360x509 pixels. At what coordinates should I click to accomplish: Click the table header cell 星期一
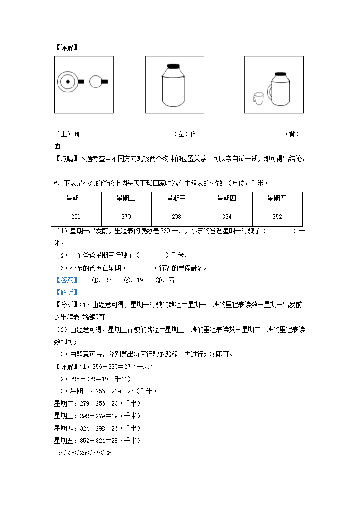click(76, 198)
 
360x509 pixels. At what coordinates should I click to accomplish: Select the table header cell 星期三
click(176, 198)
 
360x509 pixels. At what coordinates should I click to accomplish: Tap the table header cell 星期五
click(277, 198)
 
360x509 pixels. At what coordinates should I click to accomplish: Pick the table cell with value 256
click(76, 217)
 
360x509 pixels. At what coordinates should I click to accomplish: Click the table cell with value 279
click(126, 217)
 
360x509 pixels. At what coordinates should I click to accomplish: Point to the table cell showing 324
click(227, 217)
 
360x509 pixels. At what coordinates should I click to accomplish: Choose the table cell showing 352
click(277, 217)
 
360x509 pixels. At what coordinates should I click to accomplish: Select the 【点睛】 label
click(66, 159)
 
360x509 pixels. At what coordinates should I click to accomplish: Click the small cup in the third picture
click(258, 98)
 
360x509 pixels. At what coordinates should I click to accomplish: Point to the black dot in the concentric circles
click(67, 82)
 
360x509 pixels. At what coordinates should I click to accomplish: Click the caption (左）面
click(186, 134)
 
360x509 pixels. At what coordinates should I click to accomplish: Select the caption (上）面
click(68, 134)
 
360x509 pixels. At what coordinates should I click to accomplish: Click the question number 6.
click(56, 183)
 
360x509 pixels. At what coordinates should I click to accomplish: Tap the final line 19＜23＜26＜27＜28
click(83, 453)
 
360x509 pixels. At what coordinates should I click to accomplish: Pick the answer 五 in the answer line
click(171, 280)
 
